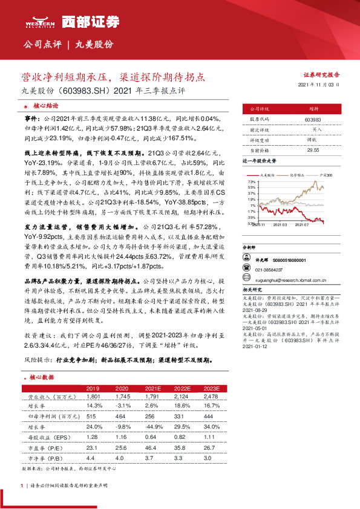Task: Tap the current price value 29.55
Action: pyautogui.click(x=313, y=149)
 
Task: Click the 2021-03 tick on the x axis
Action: pyautogui.click(x=280, y=225)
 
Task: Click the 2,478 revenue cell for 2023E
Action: pyautogui.click(x=211, y=397)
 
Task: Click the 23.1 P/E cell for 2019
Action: pyautogui.click(x=93, y=446)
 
